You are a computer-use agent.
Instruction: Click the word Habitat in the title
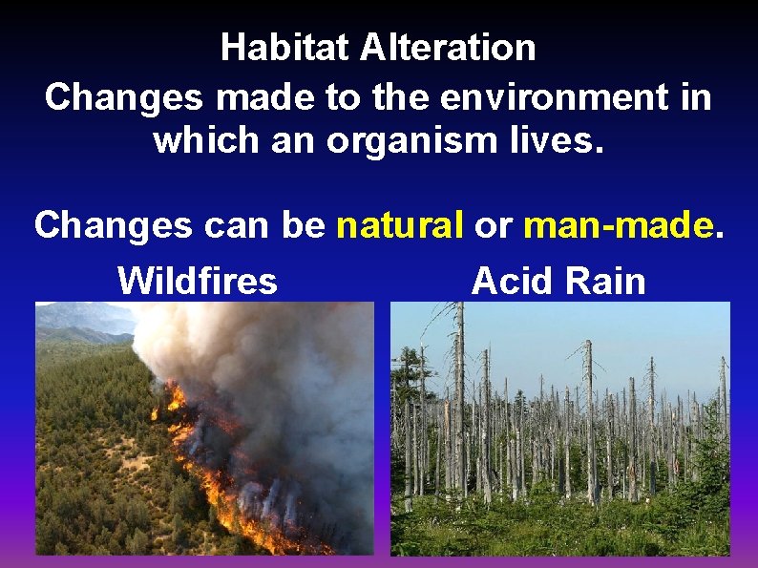tap(286, 47)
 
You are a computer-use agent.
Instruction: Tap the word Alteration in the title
tap(448, 47)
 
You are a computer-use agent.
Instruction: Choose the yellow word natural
tap(400, 225)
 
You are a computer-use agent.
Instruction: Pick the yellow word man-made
tap(619, 225)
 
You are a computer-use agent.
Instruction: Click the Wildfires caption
tap(198, 281)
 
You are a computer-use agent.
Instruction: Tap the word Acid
tap(512, 281)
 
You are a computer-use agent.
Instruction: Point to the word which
tap(199, 140)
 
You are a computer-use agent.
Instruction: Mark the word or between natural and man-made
tap(494, 226)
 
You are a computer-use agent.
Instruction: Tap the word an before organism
tap(294, 142)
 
